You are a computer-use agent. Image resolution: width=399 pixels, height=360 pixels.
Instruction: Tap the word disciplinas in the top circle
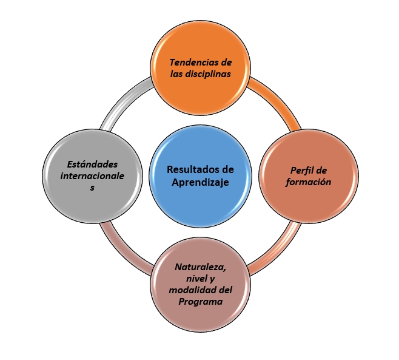[209, 75]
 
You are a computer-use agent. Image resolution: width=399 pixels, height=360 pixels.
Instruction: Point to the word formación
[297, 182]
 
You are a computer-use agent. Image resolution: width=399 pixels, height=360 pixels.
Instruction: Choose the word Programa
[201, 301]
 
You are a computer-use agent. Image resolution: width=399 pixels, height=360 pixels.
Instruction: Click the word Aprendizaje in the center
[199, 182]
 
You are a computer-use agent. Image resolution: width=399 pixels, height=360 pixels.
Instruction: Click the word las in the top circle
[176, 75]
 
